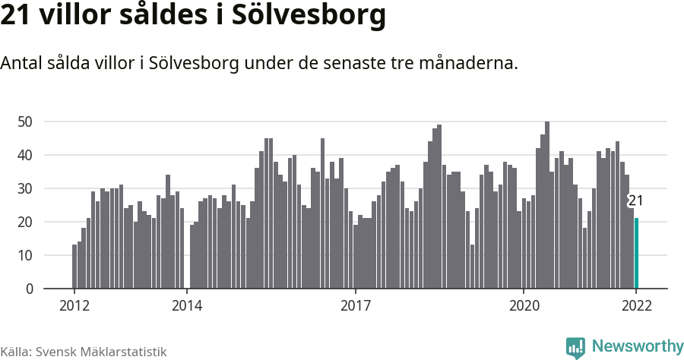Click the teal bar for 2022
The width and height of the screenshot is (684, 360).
point(637,254)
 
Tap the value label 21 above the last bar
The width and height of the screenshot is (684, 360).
point(636,201)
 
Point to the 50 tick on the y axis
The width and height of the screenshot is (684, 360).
point(25,122)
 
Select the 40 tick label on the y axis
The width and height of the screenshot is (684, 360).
point(25,155)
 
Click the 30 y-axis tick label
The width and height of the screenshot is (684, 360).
point(25,188)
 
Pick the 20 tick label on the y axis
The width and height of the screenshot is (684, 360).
point(25,222)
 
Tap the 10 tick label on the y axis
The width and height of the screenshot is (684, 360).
point(25,255)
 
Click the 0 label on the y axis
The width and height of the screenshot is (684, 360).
point(30,289)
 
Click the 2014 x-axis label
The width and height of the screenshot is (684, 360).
point(186,306)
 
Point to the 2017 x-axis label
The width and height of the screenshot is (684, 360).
point(355,306)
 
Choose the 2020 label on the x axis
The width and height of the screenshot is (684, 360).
point(524,306)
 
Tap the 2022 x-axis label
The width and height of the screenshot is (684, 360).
point(636,306)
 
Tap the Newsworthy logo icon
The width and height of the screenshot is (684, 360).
point(575,347)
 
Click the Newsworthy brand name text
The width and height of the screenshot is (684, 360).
point(637,346)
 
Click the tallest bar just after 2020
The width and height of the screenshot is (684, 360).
point(547,205)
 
